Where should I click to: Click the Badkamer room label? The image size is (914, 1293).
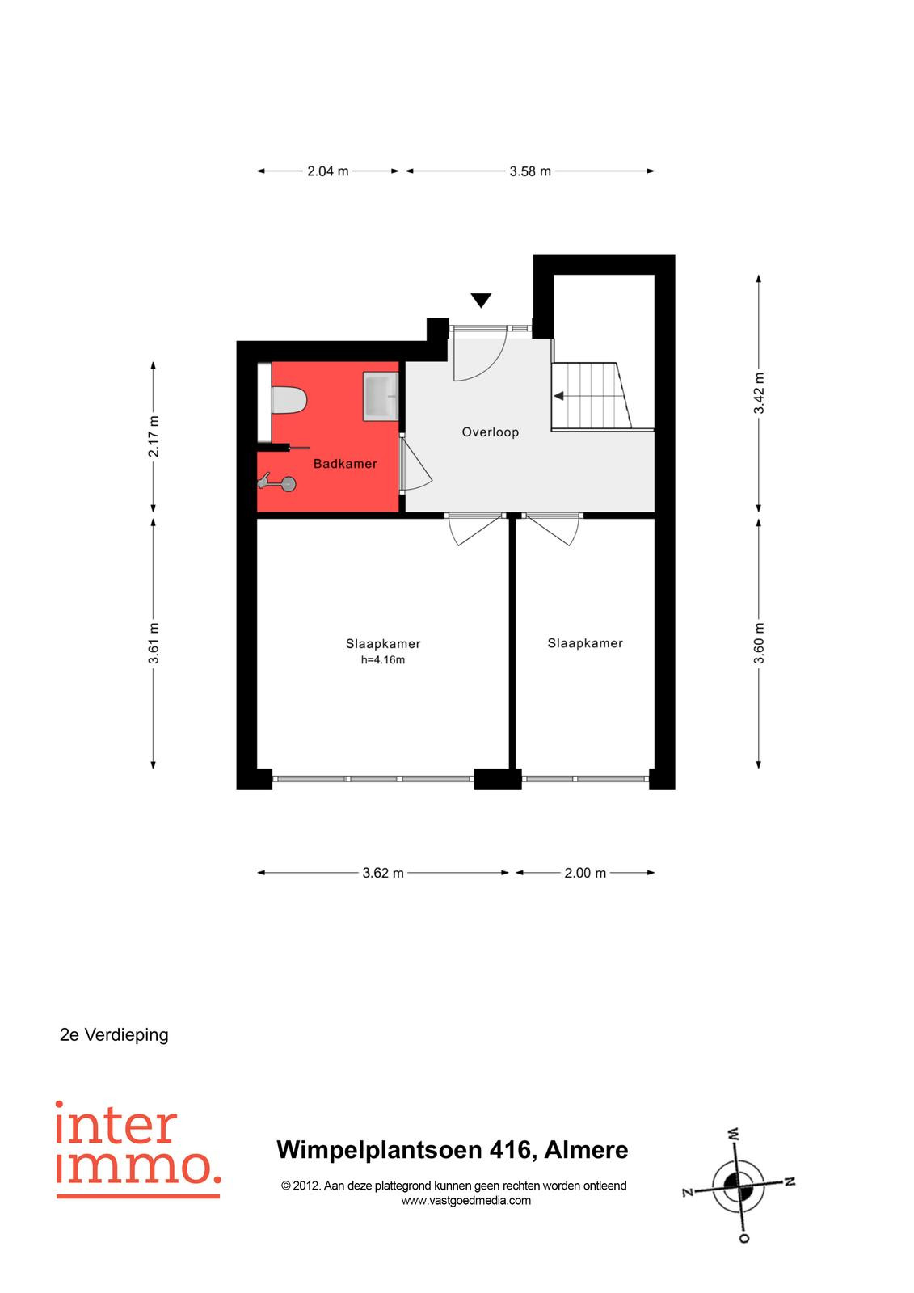(x=345, y=464)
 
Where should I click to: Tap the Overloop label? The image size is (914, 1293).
(x=491, y=432)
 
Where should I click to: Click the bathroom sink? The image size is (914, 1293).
(x=380, y=395)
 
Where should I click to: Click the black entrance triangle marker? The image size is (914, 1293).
(x=481, y=300)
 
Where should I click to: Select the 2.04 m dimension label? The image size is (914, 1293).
(x=328, y=171)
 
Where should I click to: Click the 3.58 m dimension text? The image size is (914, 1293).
(x=530, y=171)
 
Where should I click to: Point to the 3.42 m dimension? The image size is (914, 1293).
(x=759, y=393)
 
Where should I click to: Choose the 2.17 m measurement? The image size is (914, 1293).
(x=153, y=436)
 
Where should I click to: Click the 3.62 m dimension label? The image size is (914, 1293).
(x=383, y=873)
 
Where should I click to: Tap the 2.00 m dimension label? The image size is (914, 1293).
(x=585, y=873)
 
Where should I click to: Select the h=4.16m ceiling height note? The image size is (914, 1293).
(x=383, y=659)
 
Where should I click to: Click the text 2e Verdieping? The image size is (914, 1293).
(x=114, y=1035)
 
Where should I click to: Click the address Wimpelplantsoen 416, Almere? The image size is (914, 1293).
(x=453, y=1150)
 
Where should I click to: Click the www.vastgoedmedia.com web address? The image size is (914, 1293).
(x=466, y=1201)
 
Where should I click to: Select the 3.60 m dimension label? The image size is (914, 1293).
(x=759, y=643)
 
